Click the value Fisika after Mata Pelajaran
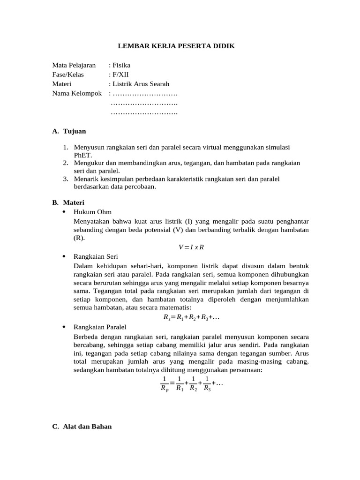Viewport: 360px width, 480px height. [x=121, y=65]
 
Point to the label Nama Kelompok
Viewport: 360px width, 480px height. [x=77, y=93]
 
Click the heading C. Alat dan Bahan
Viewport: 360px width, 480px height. [x=82, y=427]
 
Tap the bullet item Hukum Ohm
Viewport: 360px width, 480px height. [x=92, y=212]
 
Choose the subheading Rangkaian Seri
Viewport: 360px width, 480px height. [x=96, y=256]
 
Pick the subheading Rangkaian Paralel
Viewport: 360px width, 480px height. [x=100, y=327]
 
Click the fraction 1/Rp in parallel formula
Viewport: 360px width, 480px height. [x=164, y=383]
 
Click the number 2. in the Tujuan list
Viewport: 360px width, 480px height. [x=66, y=163]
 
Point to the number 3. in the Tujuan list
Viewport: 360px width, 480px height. [x=66, y=179]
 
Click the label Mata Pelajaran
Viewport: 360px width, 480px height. [x=74, y=65]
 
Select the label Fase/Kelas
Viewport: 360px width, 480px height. [x=68, y=75]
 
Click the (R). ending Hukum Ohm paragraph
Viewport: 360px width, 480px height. [x=79, y=238]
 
